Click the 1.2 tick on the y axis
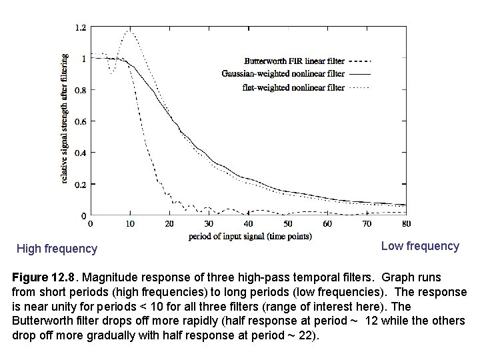(80, 27)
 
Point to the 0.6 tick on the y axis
(80, 121)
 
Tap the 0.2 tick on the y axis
(80, 184)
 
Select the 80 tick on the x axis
(407, 223)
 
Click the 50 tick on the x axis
(288, 223)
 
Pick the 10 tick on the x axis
(129, 223)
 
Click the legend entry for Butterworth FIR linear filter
(293, 59)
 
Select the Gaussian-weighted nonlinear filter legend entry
(293, 73)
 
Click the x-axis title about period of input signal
(250, 236)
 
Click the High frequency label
(57, 249)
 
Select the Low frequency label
(420, 246)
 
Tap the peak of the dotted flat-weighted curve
(129, 31)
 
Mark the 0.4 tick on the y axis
(80, 152)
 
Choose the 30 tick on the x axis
(209, 223)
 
